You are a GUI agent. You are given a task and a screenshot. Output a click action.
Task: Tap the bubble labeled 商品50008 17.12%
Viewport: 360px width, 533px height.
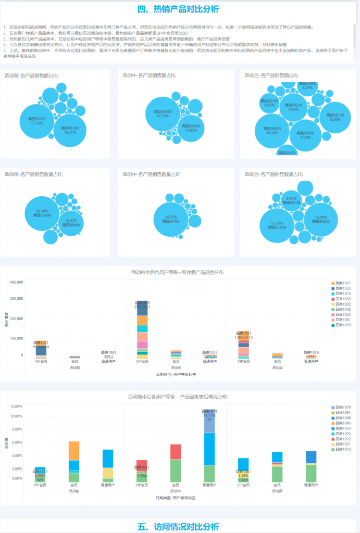(37, 121)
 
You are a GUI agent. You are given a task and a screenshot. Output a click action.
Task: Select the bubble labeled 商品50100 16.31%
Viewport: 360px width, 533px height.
(70, 130)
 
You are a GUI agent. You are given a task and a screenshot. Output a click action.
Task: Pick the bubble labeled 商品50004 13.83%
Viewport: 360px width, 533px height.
(191, 128)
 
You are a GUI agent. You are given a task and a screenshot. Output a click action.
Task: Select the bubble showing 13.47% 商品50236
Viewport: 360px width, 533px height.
(321, 219)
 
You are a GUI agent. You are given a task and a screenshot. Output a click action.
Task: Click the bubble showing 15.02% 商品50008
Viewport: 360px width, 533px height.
(71, 223)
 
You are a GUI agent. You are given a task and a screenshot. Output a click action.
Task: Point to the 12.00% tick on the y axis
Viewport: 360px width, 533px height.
(16, 407)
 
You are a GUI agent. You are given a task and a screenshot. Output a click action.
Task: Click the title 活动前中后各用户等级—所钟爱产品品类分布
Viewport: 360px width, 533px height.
(178, 272)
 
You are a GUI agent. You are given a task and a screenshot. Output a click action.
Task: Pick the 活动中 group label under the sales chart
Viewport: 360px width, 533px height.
(176, 367)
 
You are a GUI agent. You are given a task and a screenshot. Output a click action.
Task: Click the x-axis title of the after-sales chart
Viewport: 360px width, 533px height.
(176, 498)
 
